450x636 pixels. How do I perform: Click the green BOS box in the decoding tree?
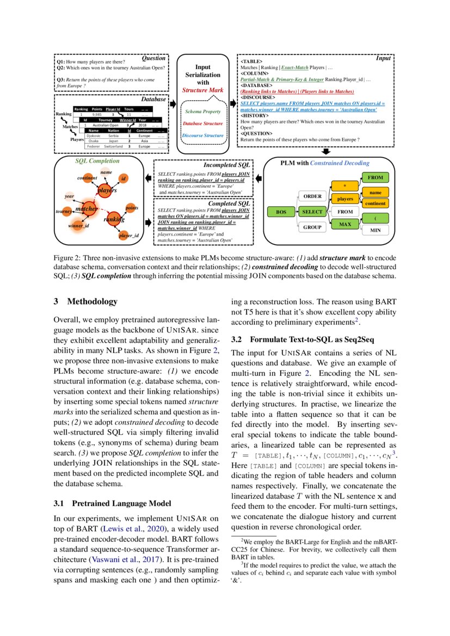[281, 212]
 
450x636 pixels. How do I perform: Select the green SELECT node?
[312, 212]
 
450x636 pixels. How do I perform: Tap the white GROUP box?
[312, 227]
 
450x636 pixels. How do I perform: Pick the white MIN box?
[375, 230]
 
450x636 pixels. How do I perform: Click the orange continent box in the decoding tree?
[375, 203]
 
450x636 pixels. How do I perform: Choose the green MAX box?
[344, 224]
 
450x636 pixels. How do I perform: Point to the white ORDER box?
[312, 196]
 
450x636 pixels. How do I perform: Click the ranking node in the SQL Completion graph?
[114, 219]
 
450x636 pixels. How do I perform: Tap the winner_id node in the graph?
[79, 225]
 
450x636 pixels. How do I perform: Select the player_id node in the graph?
[129, 235]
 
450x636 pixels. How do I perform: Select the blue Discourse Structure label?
[202, 135]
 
